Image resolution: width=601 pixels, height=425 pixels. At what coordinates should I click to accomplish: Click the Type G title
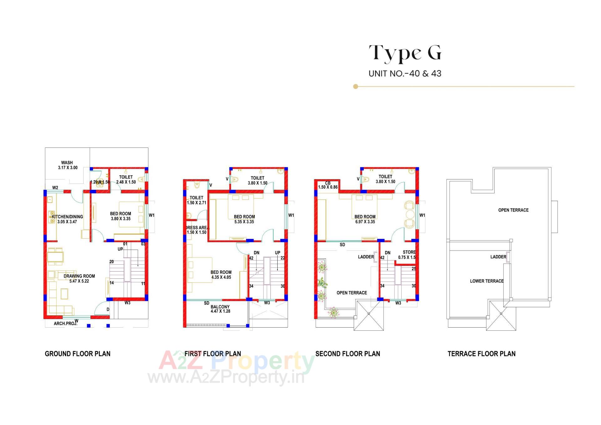(405, 53)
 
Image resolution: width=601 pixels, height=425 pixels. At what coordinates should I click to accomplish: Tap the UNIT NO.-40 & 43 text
(405, 74)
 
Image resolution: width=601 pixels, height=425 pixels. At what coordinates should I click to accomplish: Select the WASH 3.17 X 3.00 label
(67, 165)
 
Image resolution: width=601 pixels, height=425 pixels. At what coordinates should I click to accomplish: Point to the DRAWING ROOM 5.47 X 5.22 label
(79, 278)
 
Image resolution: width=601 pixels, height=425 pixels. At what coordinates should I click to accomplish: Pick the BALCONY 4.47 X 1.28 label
(220, 309)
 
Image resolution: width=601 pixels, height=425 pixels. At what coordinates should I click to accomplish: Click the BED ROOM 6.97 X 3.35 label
(365, 219)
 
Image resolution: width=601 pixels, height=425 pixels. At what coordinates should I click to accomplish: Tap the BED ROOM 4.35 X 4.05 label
(221, 275)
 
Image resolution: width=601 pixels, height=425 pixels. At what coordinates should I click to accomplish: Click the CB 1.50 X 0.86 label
(328, 185)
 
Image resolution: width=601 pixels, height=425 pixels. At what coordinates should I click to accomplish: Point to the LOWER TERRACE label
(486, 281)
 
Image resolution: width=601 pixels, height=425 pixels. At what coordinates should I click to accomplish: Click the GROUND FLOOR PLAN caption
(78, 354)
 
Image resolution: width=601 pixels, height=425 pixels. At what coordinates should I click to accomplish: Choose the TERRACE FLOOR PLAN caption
(481, 354)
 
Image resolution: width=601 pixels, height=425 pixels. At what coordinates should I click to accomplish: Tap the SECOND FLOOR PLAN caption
(347, 354)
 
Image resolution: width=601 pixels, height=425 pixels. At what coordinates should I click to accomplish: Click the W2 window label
(55, 188)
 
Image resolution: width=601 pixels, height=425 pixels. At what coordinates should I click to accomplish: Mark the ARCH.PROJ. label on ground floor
(65, 323)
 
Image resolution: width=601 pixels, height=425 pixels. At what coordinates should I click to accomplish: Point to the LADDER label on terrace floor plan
(498, 257)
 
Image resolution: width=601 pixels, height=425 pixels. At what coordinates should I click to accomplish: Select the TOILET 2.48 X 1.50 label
(126, 179)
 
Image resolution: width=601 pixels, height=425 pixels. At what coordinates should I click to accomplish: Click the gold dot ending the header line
(355, 86)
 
